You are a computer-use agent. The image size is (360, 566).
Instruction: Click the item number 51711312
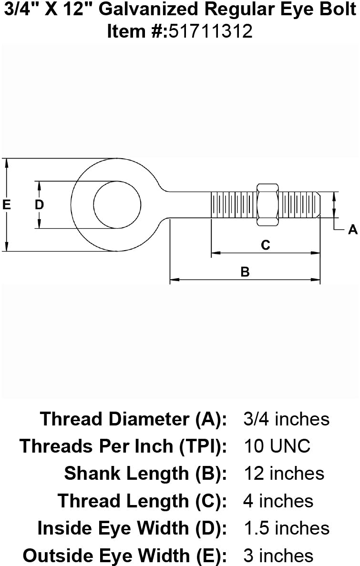coord(210,31)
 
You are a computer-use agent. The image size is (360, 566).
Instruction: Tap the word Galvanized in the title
coord(148,10)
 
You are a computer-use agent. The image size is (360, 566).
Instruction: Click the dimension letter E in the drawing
coord(7,205)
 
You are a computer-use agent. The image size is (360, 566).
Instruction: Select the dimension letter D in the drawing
coord(39,205)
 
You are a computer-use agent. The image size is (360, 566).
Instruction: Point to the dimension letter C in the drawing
coord(265,245)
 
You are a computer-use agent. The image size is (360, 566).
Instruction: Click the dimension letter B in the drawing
coord(245,272)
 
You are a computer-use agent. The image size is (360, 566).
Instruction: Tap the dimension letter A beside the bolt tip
coord(353,230)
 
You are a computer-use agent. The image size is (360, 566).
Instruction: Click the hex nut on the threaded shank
coord(267,205)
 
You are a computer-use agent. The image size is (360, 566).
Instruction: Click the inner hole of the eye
coord(117,205)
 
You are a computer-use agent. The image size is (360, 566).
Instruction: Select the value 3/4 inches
coord(287,419)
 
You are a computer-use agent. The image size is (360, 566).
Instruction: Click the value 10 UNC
coord(277,446)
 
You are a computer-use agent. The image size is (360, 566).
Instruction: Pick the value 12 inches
coord(285,473)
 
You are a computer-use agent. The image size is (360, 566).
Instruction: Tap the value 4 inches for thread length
coord(278,501)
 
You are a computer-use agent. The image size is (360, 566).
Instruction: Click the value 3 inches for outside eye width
coord(278,555)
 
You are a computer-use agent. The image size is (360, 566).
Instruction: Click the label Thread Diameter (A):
coord(134,419)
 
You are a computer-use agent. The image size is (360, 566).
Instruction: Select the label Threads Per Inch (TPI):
coord(123,446)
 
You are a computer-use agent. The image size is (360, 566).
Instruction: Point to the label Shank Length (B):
coord(145,474)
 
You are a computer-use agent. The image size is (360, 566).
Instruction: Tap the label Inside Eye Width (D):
coord(132,528)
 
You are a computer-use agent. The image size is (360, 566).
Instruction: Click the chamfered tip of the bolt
coord(319,205)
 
